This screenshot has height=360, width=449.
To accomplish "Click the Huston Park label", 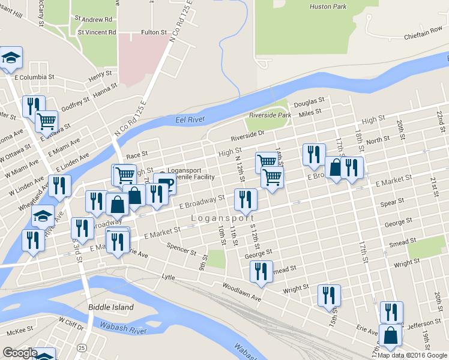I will (x=328, y=7).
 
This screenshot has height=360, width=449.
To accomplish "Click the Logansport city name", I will (x=223, y=218).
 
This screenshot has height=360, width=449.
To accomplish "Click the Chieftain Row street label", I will (x=423, y=36).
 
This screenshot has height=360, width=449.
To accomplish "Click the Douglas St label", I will (x=309, y=101).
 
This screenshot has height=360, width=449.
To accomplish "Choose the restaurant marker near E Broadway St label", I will (x=245, y=200).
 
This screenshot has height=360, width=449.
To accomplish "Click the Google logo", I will (x=20, y=353).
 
